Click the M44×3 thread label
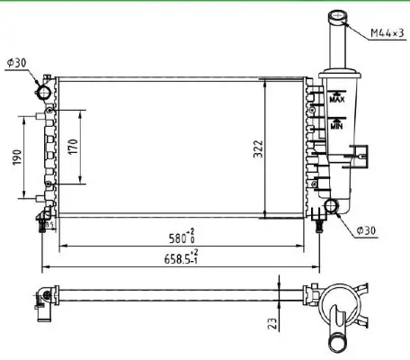[385, 34]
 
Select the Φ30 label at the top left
[17, 62]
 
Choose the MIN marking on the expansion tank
[336, 127]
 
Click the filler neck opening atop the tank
[338, 15]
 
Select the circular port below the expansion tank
[333, 207]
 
